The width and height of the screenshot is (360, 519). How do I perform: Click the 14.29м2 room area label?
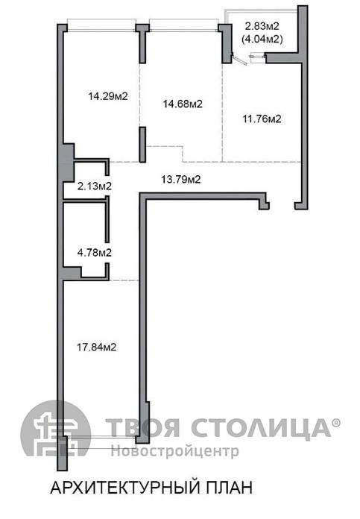[108, 96]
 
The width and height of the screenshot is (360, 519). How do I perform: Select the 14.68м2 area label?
[183, 104]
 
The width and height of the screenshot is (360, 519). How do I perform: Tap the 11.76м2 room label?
[262, 119]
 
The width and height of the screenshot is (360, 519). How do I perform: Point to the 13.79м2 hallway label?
[181, 180]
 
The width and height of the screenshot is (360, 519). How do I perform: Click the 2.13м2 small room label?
[95, 186]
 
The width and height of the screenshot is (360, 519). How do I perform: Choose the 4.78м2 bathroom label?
[95, 253]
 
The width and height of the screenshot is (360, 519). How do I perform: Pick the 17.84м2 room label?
[97, 347]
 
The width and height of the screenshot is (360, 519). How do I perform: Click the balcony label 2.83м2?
[262, 26]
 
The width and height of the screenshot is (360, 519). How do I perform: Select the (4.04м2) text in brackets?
[262, 40]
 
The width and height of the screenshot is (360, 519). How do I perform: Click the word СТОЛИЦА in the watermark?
[261, 428]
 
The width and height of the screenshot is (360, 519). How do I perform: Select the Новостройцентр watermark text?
[174, 451]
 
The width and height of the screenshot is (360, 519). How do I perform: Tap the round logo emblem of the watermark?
[55, 429]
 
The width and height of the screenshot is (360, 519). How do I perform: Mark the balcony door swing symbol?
[239, 60]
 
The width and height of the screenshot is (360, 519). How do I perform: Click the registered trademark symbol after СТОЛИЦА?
[336, 423]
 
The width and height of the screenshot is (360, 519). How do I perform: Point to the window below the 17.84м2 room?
[101, 442]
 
